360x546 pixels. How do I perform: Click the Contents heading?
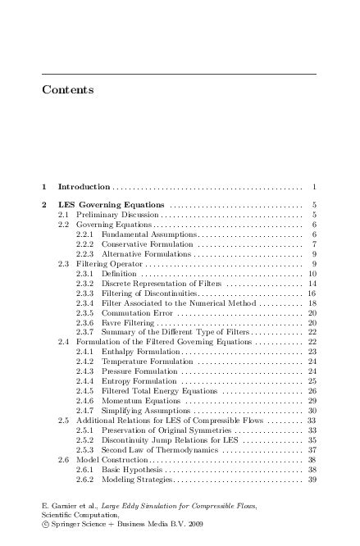click(67, 89)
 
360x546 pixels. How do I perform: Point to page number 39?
click(312, 479)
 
